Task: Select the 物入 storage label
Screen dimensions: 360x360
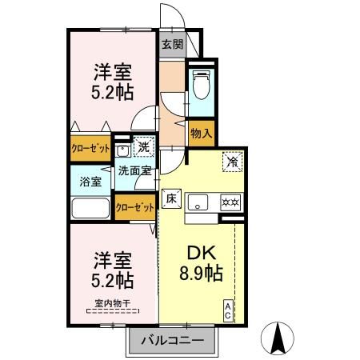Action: (x=201, y=134)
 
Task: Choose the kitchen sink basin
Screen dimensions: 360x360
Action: (x=200, y=201)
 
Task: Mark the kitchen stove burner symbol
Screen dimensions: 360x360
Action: (x=231, y=201)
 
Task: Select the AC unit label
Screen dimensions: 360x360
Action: (x=229, y=310)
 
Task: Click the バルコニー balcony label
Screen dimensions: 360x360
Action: (x=172, y=342)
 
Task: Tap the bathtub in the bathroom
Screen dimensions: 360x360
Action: (x=91, y=210)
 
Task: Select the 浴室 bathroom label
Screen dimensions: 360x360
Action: (x=90, y=181)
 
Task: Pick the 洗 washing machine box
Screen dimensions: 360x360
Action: (x=143, y=147)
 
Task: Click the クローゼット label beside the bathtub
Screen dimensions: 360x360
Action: (x=134, y=206)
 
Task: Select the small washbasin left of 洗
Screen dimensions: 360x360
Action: (x=123, y=149)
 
